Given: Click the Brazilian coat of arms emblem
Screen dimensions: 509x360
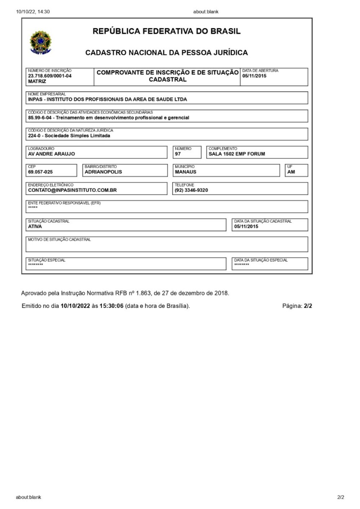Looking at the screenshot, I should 40,42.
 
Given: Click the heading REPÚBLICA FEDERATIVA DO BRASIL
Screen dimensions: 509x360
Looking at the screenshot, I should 166,31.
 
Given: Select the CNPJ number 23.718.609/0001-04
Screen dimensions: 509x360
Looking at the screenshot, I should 50,76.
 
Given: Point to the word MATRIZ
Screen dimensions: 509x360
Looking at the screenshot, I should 37,81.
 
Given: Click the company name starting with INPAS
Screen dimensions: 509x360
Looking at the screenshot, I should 107,100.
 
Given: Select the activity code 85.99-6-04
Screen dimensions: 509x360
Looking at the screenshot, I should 40,117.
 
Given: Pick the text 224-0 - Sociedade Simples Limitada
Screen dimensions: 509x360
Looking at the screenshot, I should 69,136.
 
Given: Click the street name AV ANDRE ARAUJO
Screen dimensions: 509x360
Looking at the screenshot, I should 51,154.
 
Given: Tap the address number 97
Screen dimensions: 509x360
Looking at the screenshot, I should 177,154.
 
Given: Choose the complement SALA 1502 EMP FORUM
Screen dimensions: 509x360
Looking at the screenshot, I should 236,154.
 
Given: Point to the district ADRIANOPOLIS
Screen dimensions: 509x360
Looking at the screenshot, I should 103,172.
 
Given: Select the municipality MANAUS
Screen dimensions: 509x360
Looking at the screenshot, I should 185,172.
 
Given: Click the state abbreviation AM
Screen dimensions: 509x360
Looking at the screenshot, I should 291,172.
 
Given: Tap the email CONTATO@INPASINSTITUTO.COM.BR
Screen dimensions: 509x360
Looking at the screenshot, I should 72,190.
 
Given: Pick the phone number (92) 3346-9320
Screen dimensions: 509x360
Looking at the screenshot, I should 191,190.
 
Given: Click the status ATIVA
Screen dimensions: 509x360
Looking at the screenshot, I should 35,227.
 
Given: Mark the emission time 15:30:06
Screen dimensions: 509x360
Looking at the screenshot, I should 111,306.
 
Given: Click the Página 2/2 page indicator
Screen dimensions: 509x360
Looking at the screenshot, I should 297,306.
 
